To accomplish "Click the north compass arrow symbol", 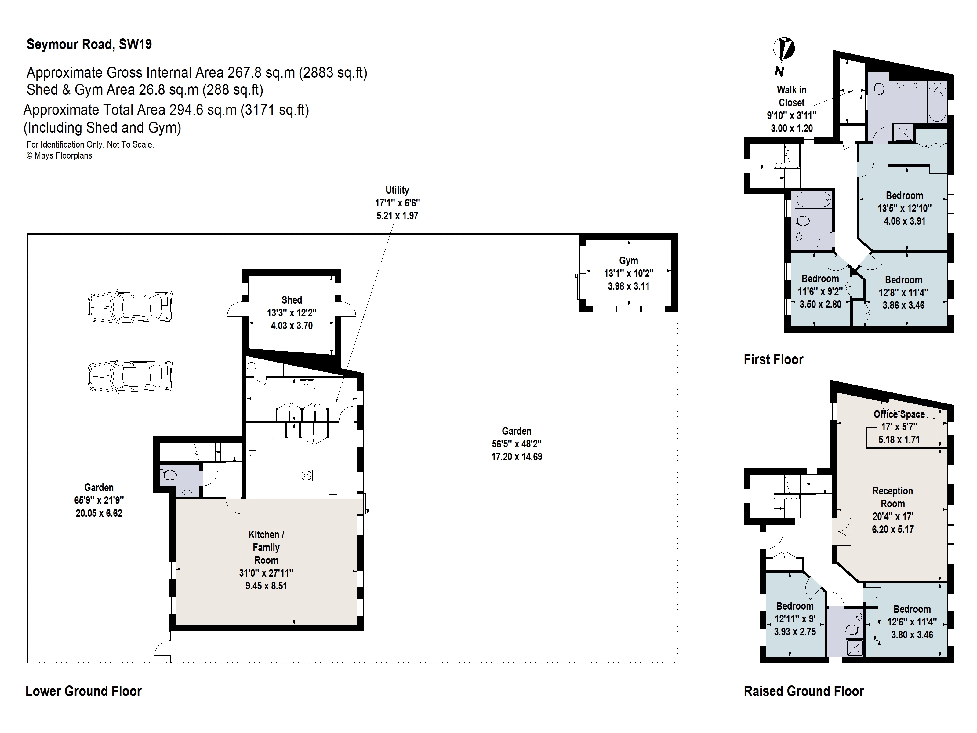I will click(784, 50).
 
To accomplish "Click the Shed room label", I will click(292, 300).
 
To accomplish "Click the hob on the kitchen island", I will click(306, 476).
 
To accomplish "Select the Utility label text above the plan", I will click(397, 190).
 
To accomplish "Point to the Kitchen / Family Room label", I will click(266, 547).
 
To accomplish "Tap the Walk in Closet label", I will click(791, 96).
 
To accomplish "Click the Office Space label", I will click(899, 414).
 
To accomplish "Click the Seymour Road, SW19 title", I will click(89, 44).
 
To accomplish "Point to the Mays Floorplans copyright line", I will click(59, 155).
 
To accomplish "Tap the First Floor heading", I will click(773, 359).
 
